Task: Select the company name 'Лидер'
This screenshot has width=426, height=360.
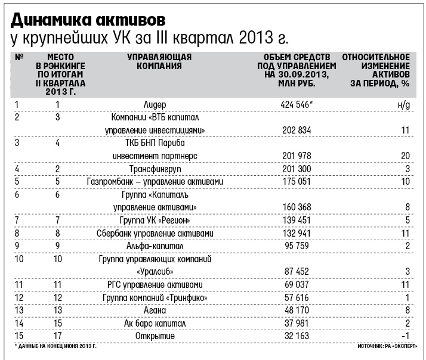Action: click(155, 104)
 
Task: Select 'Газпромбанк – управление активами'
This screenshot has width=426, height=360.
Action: click(155, 182)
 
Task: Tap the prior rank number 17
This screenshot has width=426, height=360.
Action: click(58, 336)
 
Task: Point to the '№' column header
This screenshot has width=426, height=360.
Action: click(18, 57)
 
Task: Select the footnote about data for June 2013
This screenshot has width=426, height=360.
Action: click(55, 346)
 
